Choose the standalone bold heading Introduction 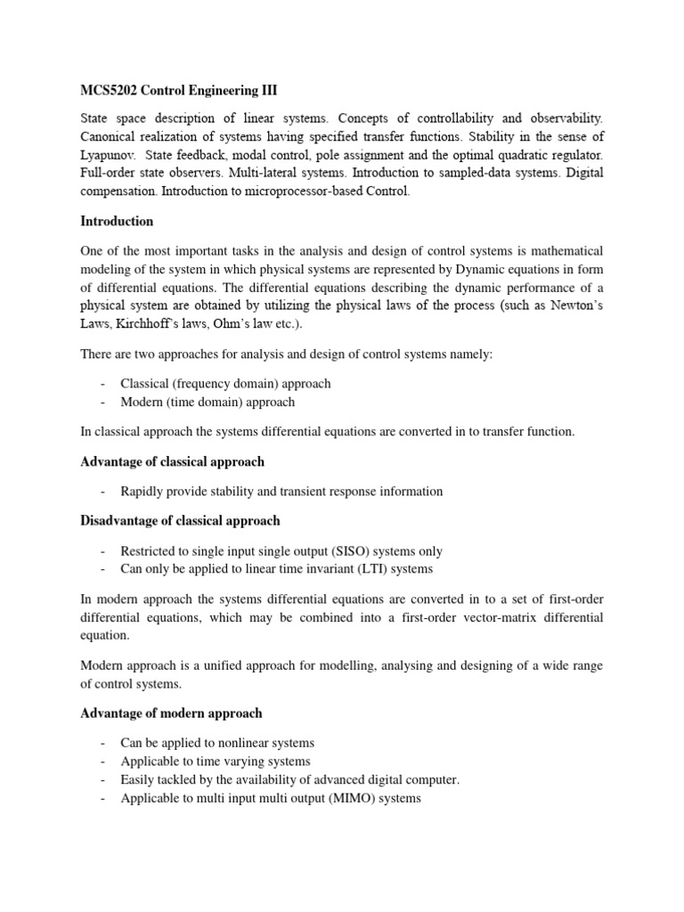(x=117, y=221)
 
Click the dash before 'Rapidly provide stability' (x=104, y=492)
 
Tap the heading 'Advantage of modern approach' (x=171, y=713)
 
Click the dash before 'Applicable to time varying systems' (x=104, y=761)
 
